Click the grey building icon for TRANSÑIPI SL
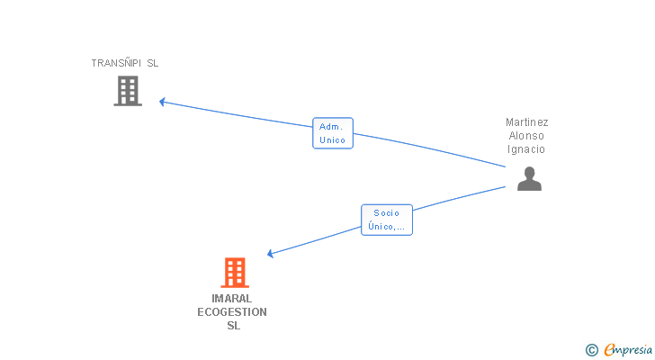pos(128,90)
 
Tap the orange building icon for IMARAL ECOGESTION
pos(234,272)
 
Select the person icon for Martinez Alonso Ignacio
pos(529,178)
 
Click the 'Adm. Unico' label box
pos(332,133)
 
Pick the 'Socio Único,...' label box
pos(387,220)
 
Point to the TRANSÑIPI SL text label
pos(124,63)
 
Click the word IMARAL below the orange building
pos(232,299)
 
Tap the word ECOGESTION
pos(232,312)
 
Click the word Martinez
pos(526,122)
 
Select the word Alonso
pos(526,136)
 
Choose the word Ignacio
pos(526,149)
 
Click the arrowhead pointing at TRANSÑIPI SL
pos(163,102)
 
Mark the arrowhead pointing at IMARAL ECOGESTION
pos(271,254)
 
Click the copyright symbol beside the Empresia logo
pos(591,350)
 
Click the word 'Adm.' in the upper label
pos(332,127)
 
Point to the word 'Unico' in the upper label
pos(332,140)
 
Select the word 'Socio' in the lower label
pos(387,213)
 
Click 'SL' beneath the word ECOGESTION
pos(233,326)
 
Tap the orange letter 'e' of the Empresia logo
pos(609,350)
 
